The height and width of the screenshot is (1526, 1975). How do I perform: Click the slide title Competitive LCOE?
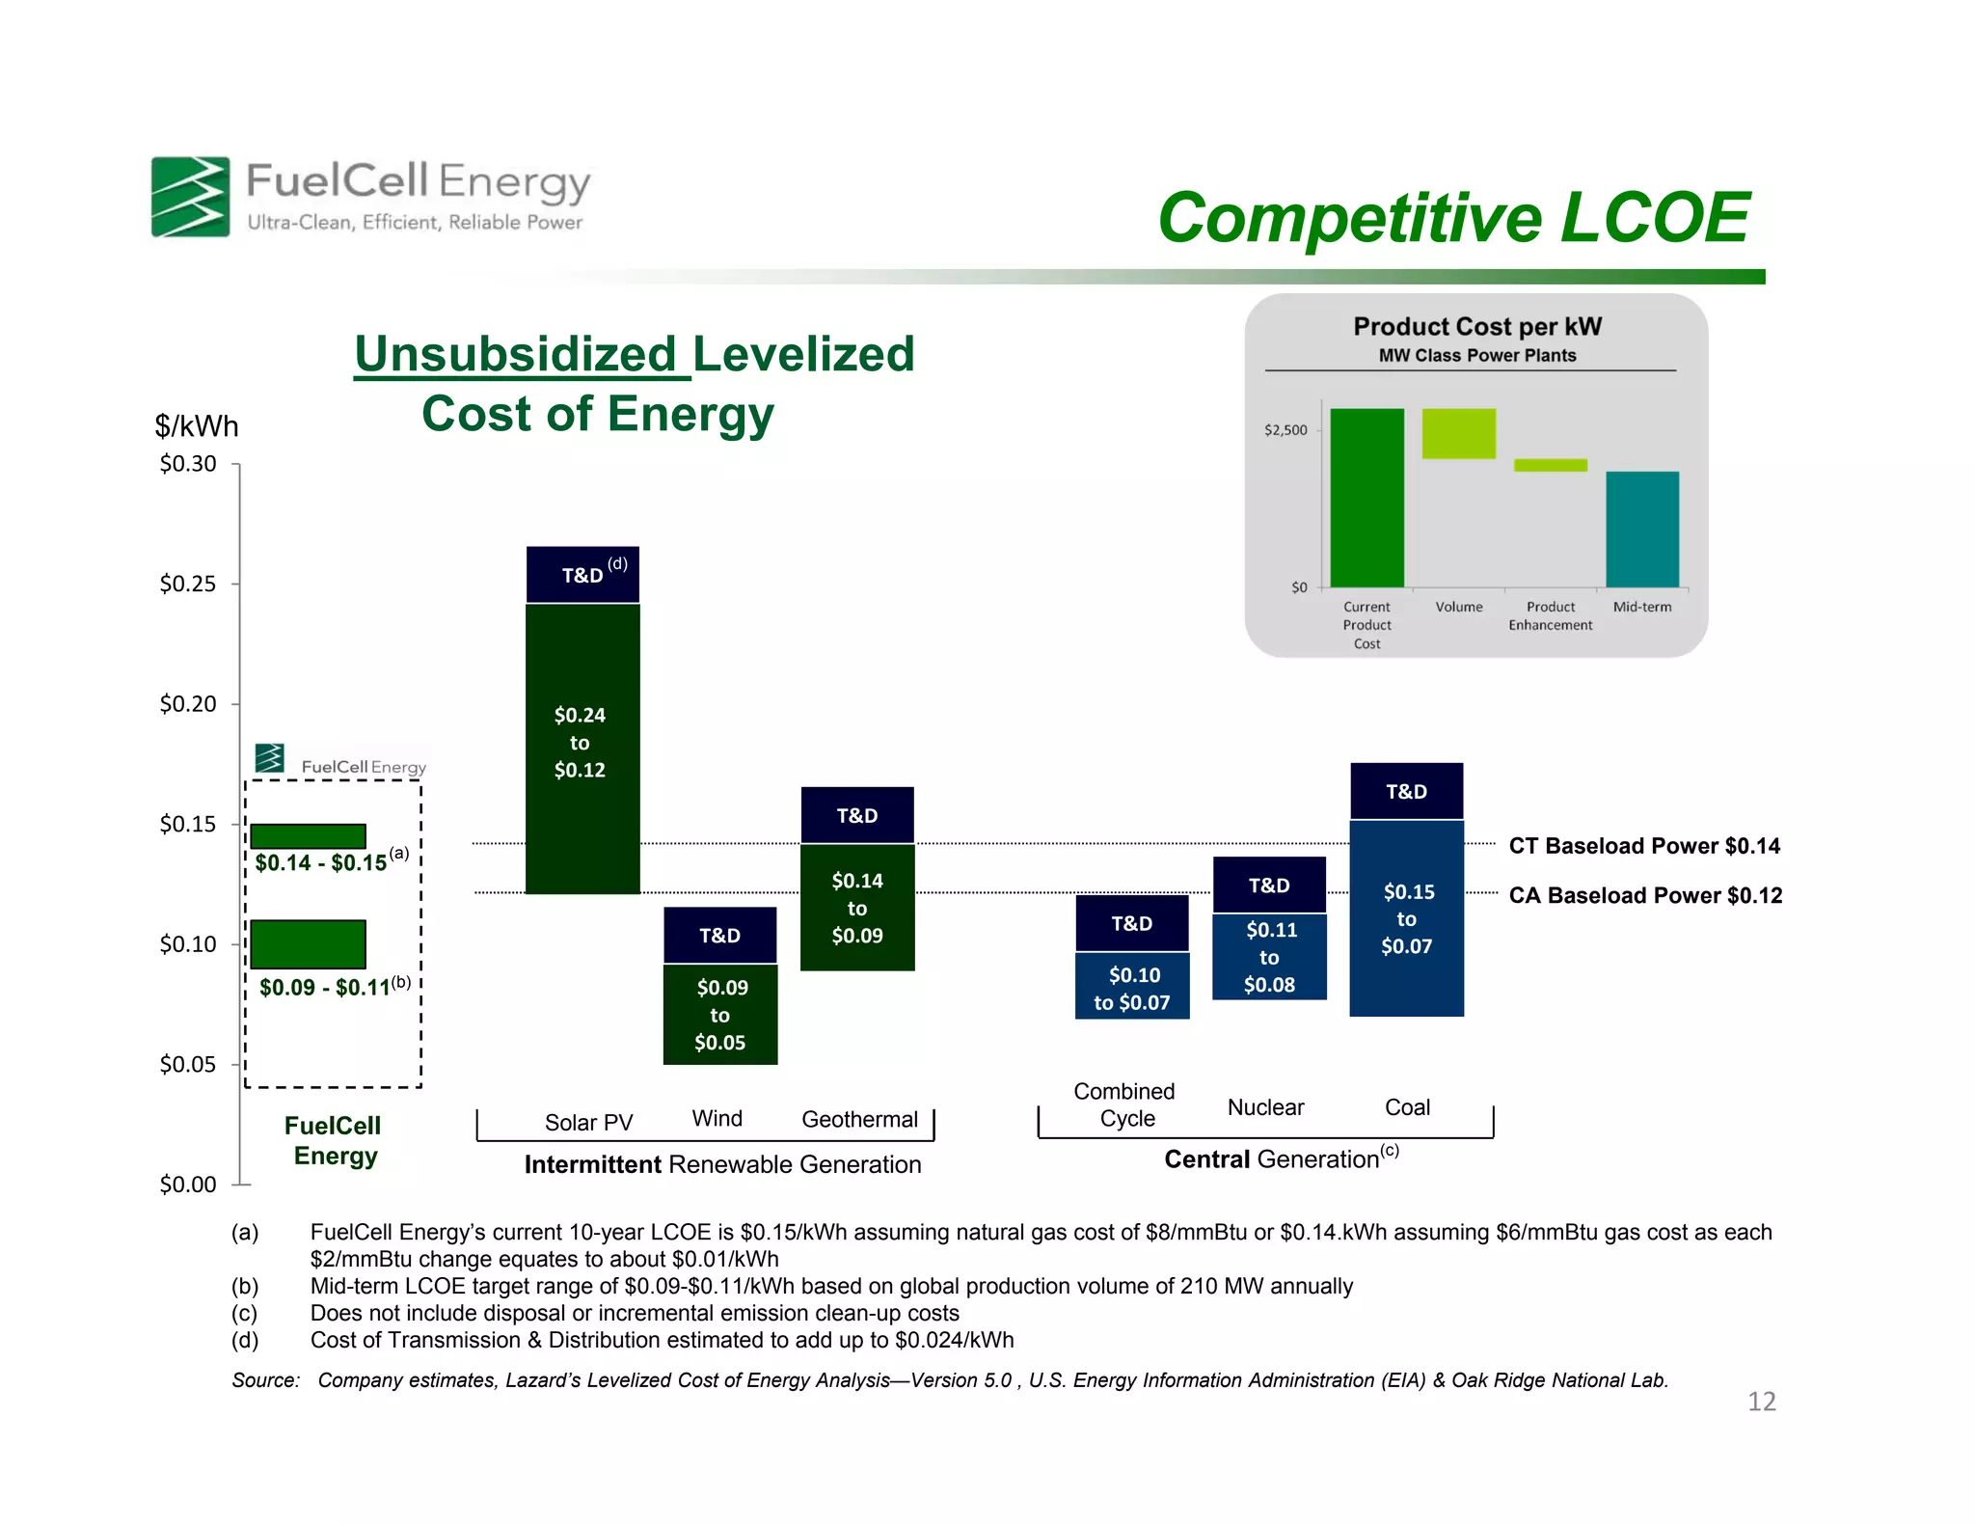(x=1452, y=218)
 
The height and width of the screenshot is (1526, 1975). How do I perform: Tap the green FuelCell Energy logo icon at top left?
(x=190, y=197)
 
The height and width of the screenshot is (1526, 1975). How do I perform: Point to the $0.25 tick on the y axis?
(x=188, y=584)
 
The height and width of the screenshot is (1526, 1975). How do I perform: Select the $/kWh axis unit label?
(x=197, y=426)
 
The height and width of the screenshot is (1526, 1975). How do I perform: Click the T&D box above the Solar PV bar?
(x=582, y=575)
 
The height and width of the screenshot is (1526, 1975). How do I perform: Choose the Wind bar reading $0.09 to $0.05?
(x=720, y=1014)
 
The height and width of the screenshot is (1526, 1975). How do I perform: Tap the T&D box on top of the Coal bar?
(x=1406, y=792)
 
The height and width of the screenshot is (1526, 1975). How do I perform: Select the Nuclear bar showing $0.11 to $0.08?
(x=1269, y=956)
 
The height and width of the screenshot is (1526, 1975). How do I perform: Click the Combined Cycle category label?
(x=1125, y=1104)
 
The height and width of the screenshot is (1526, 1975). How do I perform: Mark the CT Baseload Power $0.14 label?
(x=1643, y=846)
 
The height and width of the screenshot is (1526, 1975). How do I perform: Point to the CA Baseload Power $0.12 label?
(x=1644, y=895)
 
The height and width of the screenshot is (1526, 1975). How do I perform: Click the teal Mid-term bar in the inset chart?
(x=1641, y=529)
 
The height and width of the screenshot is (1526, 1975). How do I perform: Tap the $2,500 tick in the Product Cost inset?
(x=1285, y=430)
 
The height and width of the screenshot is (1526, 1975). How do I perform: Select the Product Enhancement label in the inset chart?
(x=1550, y=615)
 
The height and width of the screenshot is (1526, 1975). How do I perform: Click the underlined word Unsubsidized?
(x=516, y=354)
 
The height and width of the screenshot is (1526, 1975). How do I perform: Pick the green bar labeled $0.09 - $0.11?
(x=308, y=943)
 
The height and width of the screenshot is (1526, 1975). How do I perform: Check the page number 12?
(x=1761, y=1401)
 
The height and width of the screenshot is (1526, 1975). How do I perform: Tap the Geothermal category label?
(x=859, y=1119)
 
